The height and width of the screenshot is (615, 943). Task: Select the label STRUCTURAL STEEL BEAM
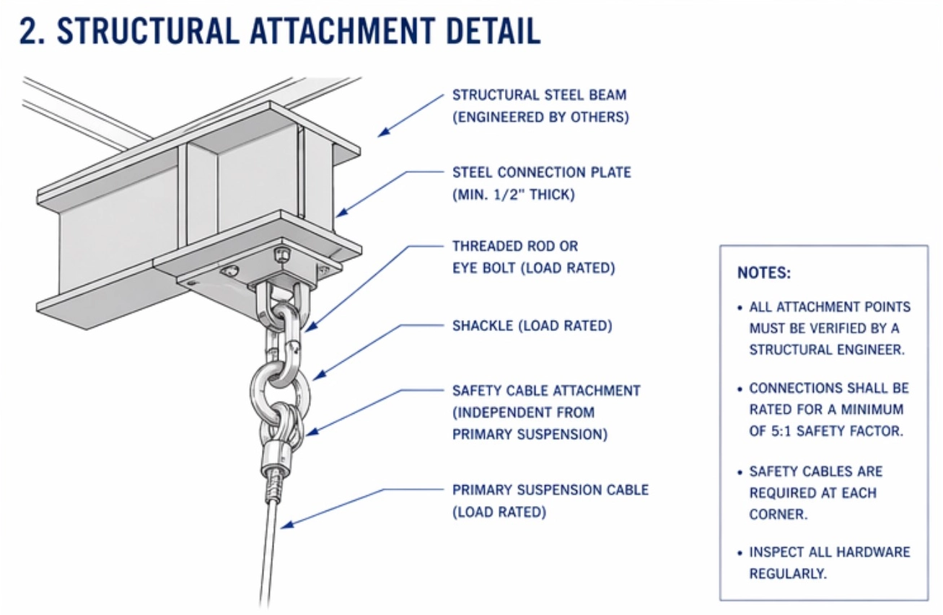539,95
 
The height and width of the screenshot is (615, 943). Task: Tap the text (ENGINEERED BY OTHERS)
540,117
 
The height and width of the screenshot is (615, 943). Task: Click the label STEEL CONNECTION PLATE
541,173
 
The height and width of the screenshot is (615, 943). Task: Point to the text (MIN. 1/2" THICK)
513,195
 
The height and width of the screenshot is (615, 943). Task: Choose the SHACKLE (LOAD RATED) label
532,326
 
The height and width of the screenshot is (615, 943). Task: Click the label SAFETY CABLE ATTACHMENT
546,391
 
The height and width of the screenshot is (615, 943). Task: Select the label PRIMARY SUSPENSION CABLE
550,490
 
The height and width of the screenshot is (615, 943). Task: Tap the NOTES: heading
764,273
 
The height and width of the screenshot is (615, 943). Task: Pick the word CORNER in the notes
778,515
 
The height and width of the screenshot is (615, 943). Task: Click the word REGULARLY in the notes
787,574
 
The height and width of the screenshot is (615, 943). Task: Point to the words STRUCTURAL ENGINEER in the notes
826,350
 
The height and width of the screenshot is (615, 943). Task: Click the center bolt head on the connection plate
281,255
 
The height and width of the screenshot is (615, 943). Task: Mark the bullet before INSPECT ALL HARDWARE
740,553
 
